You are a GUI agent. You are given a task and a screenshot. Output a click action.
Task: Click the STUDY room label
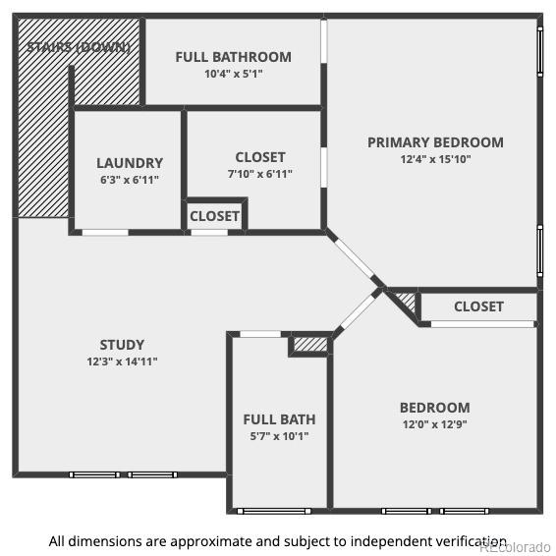click(122, 345)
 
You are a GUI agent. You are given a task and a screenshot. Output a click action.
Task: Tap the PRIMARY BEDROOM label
click(435, 142)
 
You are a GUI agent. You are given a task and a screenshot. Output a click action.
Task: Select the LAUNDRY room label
click(130, 163)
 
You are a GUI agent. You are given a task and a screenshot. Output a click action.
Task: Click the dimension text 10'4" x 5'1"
click(234, 74)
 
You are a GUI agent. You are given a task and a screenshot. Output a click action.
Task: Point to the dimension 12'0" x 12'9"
click(435, 424)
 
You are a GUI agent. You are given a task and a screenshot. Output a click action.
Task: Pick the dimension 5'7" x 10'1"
click(279, 436)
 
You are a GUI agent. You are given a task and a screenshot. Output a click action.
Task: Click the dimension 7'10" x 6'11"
click(260, 174)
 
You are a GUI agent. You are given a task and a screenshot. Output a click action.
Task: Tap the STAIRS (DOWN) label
click(79, 47)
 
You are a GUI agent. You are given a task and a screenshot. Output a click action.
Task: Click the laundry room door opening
click(105, 233)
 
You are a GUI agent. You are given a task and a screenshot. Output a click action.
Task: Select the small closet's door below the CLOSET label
click(209, 233)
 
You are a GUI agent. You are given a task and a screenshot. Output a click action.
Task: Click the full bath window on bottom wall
click(274, 511)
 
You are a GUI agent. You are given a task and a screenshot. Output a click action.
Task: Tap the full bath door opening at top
click(260, 334)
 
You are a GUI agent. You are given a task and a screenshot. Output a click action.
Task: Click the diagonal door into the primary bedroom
click(355, 258)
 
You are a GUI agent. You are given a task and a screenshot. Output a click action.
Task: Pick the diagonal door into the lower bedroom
click(357, 311)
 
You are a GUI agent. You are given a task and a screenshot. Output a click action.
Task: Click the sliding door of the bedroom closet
click(482, 324)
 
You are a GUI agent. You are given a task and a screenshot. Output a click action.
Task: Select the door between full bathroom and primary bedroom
click(324, 41)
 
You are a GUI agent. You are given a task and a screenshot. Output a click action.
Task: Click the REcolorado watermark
click(517, 548)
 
